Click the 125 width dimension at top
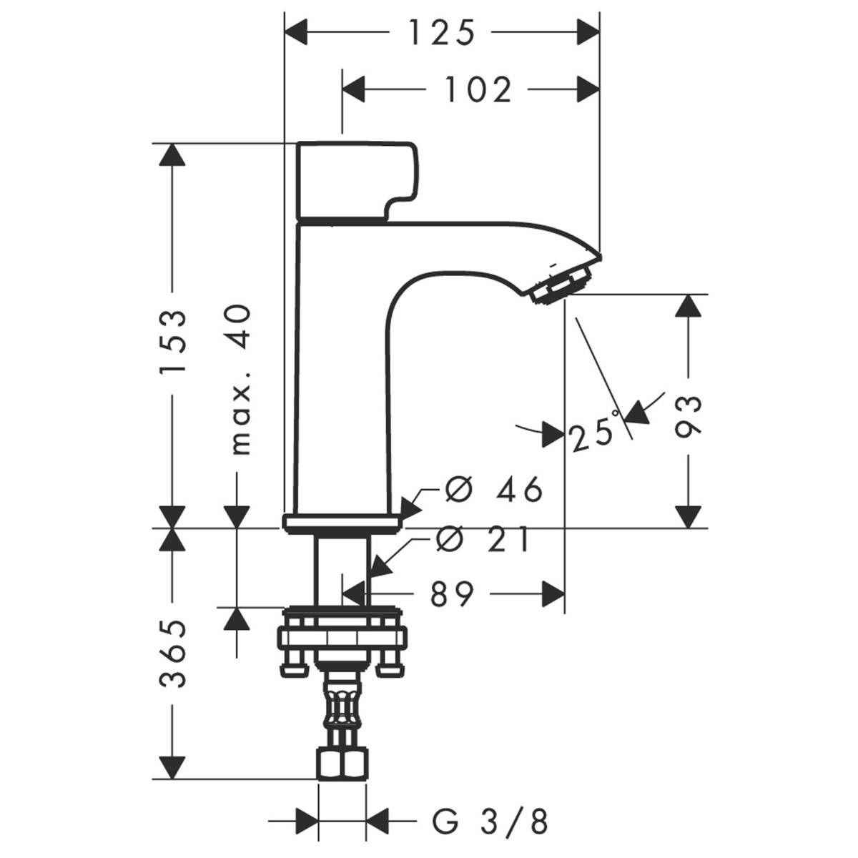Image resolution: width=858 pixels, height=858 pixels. (x=442, y=33)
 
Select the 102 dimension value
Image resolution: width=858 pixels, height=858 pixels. (x=478, y=90)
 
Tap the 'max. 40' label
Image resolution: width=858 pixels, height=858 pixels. (x=242, y=379)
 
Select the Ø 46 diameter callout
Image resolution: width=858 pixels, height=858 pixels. (x=493, y=490)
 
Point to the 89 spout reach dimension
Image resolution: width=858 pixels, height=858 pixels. (x=453, y=593)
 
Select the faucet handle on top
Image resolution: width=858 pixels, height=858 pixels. (x=355, y=179)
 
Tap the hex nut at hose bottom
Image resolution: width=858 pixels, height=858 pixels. (x=341, y=763)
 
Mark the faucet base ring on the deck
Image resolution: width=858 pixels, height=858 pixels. (x=341, y=523)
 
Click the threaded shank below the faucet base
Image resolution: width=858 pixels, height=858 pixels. (x=341, y=568)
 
